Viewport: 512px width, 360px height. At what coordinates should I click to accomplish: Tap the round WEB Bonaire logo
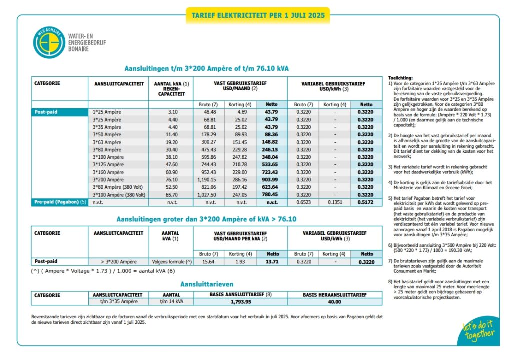tap(48, 42)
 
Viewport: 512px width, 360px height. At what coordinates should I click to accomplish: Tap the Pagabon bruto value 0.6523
tap(303, 202)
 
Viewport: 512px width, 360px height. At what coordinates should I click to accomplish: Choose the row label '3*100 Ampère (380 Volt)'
tap(119, 195)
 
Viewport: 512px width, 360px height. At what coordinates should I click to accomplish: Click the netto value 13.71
tap(272, 262)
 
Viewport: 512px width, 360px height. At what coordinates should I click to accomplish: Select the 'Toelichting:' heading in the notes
tap(400, 79)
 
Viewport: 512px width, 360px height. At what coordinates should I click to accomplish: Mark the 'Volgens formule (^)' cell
tap(171, 262)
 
